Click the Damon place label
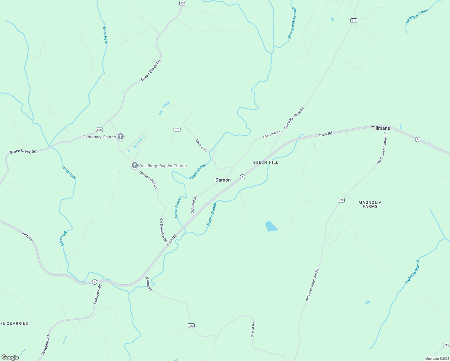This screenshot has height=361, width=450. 223,180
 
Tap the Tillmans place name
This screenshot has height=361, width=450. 381,128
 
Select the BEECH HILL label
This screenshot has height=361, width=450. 266,162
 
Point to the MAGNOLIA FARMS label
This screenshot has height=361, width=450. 370,204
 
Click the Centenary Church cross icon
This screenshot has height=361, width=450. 121,137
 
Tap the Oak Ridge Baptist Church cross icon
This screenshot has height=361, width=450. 135,165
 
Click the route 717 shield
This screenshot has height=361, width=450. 354,20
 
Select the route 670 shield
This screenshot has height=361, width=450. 177,129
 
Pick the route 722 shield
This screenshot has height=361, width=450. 341,200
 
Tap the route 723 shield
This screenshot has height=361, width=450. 191,326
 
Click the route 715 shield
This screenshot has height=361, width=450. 446,345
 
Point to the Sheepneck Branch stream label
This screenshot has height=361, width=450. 292,23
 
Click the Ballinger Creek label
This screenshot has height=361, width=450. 417,16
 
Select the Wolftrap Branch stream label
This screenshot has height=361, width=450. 412,272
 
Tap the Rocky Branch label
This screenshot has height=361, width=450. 212,214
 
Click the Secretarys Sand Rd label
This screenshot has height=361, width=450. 294,118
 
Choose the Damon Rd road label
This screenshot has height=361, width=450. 201,145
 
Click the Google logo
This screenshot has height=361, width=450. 10,357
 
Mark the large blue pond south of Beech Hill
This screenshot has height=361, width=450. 271,226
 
